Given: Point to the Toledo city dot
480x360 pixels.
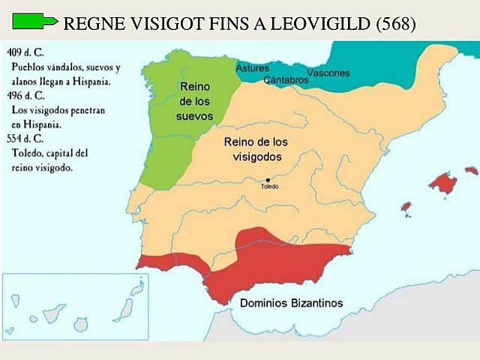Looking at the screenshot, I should (x=268, y=180).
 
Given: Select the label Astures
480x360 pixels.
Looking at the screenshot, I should (x=253, y=68).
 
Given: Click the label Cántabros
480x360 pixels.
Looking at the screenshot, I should (x=286, y=79).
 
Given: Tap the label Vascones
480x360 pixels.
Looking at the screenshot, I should (x=328, y=73).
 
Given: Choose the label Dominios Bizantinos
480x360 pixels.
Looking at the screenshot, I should (x=291, y=303).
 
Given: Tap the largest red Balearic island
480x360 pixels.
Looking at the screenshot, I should (x=443, y=182).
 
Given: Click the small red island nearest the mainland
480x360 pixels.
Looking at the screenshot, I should (x=406, y=206).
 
